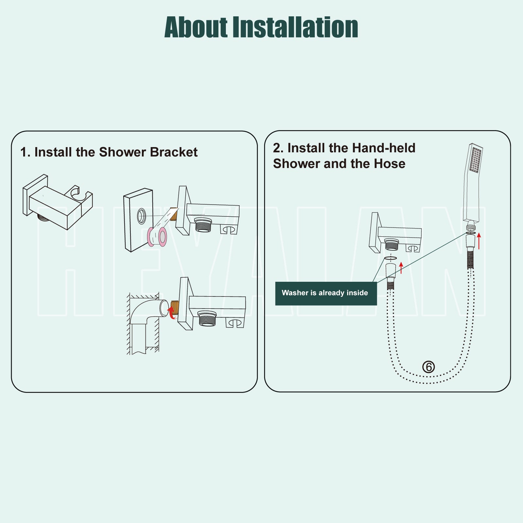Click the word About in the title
[x=196, y=27]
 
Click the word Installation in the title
[x=295, y=27]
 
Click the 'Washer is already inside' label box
[x=326, y=293]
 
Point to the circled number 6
[x=429, y=367]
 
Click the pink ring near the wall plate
[x=157, y=237]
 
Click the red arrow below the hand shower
[x=479, y=241]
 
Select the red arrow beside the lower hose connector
[x=401, y=268]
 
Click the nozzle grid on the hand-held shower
[x=476, y=160]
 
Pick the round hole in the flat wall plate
[x=142, y=216]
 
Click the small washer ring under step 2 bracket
[x=391, y=258]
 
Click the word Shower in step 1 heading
[x=123, y=152]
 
